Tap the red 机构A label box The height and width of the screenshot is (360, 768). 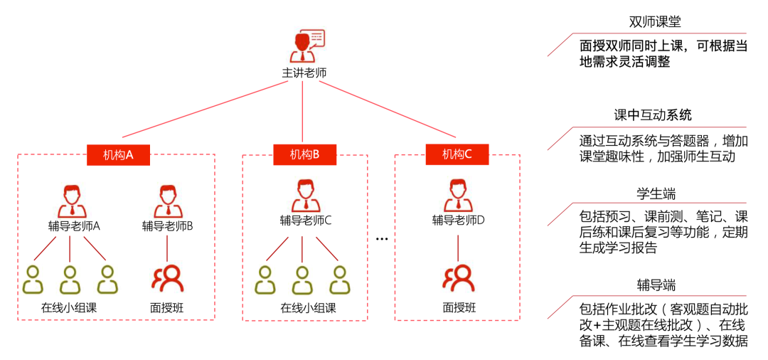118,154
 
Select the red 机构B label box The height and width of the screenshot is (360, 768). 304,154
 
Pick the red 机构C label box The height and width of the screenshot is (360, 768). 457,154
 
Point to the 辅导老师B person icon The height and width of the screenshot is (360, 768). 167,201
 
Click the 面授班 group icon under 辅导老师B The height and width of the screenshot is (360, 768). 168,278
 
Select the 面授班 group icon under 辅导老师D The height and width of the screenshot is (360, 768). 458,278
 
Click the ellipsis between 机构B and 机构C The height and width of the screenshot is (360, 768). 382,239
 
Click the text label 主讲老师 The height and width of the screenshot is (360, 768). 304,73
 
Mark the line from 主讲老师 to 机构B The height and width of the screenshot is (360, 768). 303,110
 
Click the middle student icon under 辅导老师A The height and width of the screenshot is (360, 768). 69,280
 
